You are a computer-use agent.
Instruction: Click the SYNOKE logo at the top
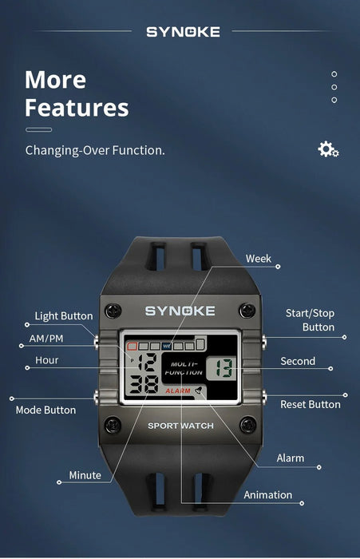(x=183, y=32)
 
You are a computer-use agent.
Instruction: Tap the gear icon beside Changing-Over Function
(x=328, y=149)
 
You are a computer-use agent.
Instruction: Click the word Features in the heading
(x=76, y=107)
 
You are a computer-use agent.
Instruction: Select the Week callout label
(x=259, y=259)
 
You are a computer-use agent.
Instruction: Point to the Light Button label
(x=64, y=316)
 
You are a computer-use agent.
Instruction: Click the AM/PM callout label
(x=46, y=339)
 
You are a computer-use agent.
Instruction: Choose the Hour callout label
(x=47, y=360)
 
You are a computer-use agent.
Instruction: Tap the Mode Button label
(x=46, y=410)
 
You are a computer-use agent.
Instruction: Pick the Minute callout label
(x=85, y=475)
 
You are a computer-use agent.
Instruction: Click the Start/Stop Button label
(x=311, y=320)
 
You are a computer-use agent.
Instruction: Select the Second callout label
(x=298, y=361)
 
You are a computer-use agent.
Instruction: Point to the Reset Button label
(x=311, y=404)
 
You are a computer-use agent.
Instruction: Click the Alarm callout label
(x=290, y=458)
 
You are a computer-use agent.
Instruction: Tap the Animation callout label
(x=268, y=495)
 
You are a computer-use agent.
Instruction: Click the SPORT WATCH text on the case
(x=180, y=426)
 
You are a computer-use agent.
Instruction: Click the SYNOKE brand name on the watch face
(x=180, y=311)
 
